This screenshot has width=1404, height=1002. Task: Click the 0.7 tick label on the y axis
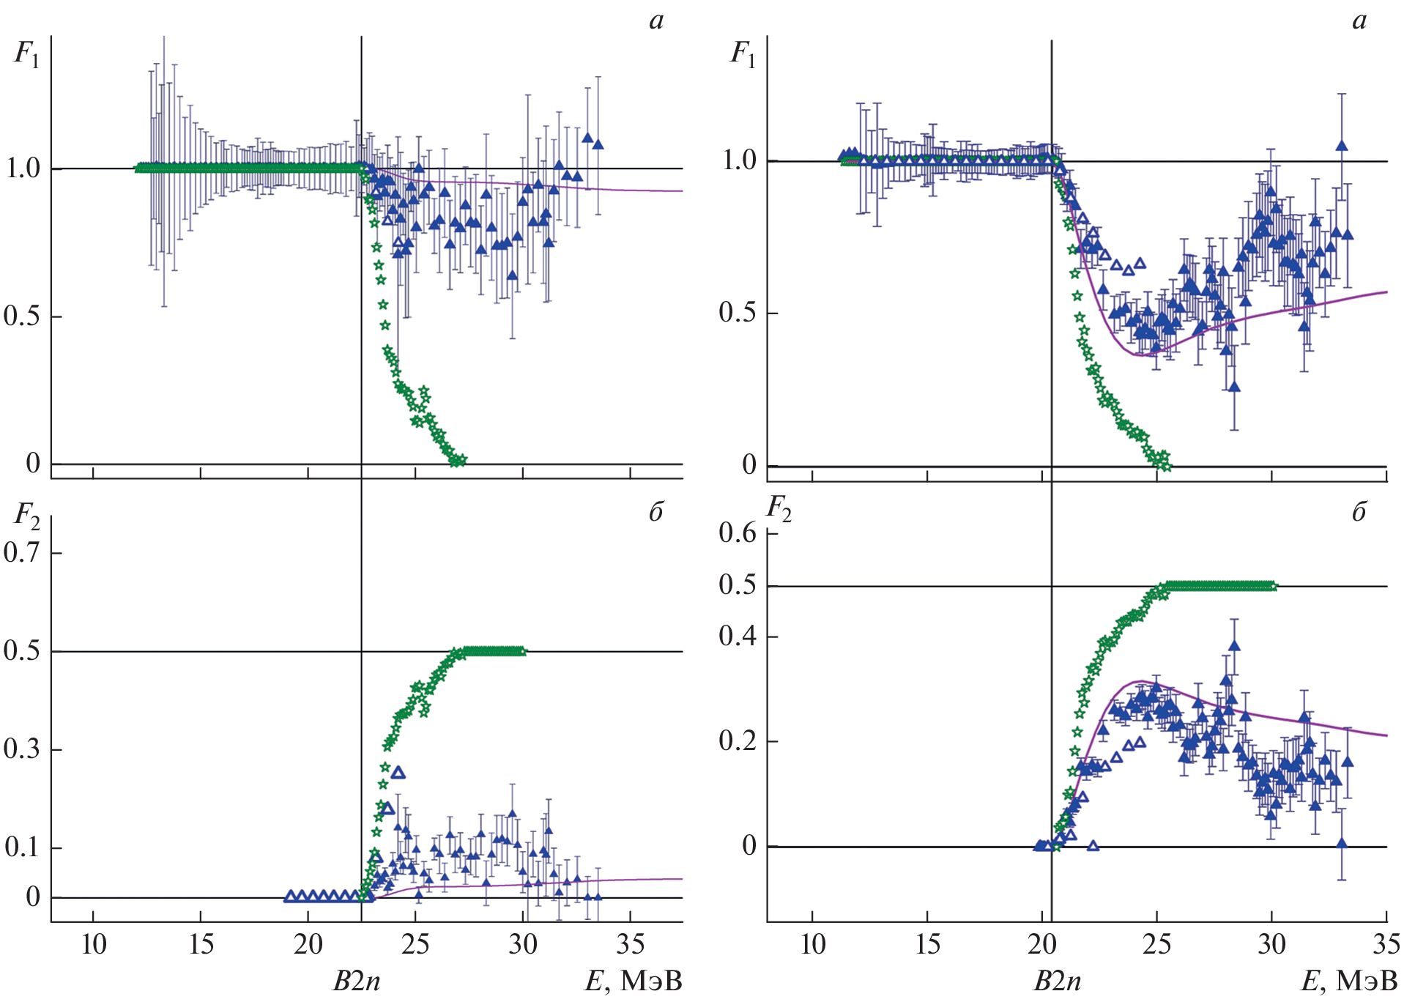[21, 553]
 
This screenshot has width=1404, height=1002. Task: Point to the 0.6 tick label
[738, 533]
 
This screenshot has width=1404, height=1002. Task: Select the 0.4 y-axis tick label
[738, 636]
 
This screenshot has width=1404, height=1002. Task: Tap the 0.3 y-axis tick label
[21, 749]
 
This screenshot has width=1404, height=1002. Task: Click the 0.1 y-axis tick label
[21, 847]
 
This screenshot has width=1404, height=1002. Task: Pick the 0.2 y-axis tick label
[738, 741]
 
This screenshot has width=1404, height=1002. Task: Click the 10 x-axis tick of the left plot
[94, 945]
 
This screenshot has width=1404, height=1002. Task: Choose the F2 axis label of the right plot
[779, 508]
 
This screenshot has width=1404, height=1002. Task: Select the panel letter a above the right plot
[1359, 21]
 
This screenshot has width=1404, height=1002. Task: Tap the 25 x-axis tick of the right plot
[1156, 945]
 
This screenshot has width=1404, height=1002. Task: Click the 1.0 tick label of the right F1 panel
[739, 160]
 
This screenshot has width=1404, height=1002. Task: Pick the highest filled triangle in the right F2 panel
[1234, 645]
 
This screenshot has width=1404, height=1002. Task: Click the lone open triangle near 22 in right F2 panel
[1093, 846]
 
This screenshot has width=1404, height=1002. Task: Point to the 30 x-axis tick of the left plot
[523, 945]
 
